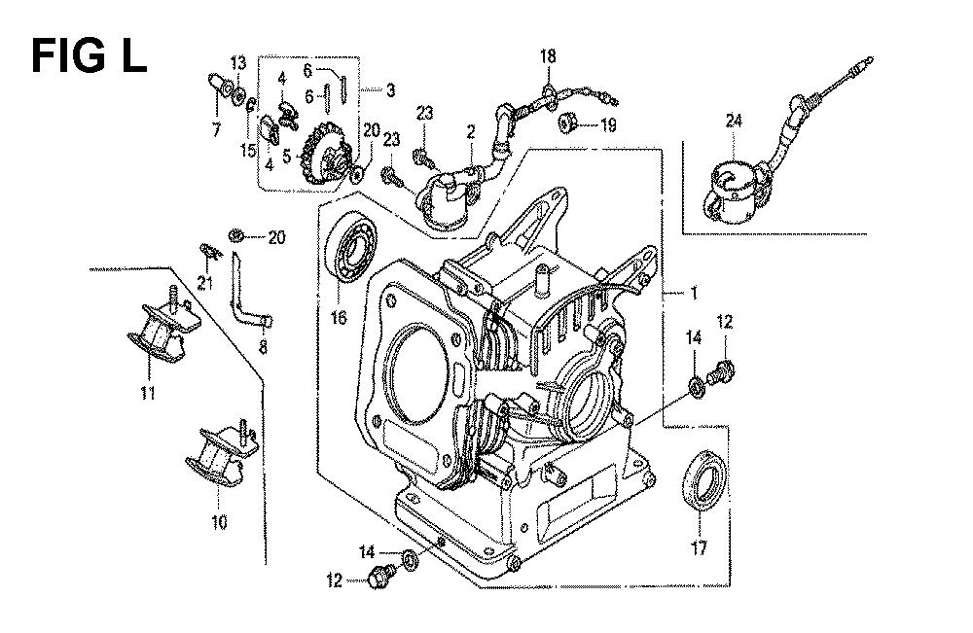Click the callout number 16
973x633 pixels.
coord(340,316)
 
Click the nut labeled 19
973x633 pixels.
coord(567,124)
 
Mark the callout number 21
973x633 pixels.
coord(203,283)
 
